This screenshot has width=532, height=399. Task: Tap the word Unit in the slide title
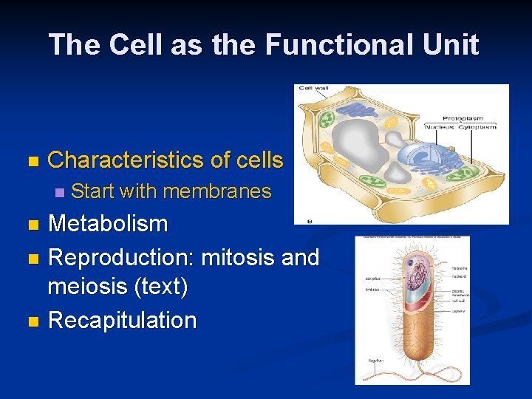(x=451, y=45)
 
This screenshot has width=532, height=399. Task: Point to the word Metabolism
(x=108, y=224)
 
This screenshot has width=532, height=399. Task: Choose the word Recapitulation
(x=122, y=321)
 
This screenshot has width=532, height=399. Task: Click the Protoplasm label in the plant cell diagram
(x=463, y=118)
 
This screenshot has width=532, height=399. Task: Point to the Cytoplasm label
(x=480, y=127)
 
